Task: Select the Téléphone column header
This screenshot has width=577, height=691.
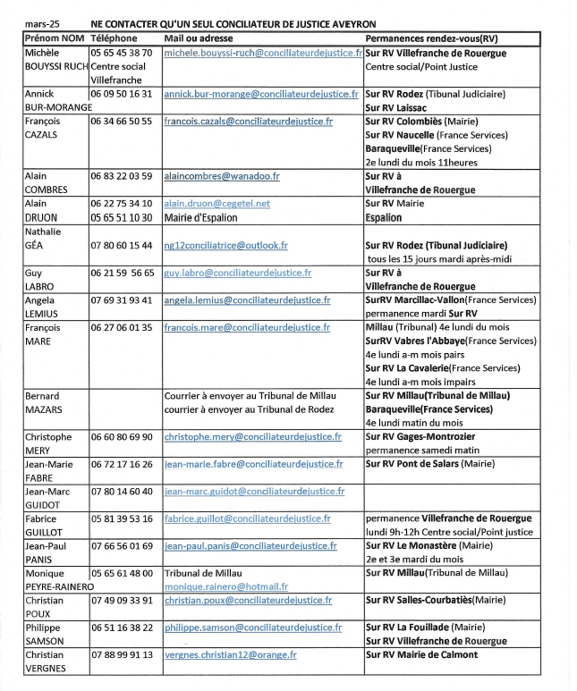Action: (x=114, y=38)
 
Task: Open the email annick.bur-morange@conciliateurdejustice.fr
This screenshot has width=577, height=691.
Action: (x=261, y=94)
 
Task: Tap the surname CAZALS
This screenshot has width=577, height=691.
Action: (x=41, y=135)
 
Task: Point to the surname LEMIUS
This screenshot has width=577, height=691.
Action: (x=42, y=314)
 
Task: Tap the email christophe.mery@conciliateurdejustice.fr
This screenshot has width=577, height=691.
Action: (x=253, y=436)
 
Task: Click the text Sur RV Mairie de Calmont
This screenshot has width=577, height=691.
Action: (x=421, y=654)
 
